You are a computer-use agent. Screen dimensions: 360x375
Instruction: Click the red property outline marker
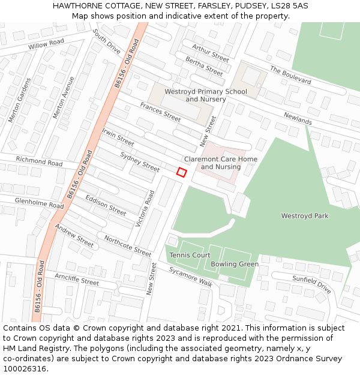pyautogui.click(x=181, y=172)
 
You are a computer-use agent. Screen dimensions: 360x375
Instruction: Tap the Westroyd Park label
pyautogui.click(x=305, y=216)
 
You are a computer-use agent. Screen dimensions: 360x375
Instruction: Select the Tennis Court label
pyautogui.click(x=190, y=255)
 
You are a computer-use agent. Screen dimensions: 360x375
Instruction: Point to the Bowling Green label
pyautogui.click(x=235, y=264)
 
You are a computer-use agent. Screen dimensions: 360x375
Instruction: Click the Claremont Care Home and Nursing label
pyautogui.click(x=220, y=163)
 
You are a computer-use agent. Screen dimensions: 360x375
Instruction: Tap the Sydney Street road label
pyautogui.click(x=140, y=161)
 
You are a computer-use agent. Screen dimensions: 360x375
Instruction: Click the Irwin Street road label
pyautogui.click(x=118, y=137)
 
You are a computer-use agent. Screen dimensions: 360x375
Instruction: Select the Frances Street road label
pyautogui.click(x=160, y=112)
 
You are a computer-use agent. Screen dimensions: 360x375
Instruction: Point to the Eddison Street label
pyautogui.click(x=106, y=205)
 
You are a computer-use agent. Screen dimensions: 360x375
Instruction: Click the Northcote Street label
pyautogui.click(x=127, y=245)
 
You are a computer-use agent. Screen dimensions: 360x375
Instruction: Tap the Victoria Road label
pyautogui.click(x=145, y=209)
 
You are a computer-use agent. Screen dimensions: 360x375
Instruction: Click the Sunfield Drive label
pyautogui.click(x=311, y=284)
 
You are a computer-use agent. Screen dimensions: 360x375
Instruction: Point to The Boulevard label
pyautogui.click(x=290, y=75)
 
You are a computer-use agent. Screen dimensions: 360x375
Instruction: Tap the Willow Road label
pyautogui.click(x=46, y=44)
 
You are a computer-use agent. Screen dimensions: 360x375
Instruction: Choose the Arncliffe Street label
pyautogui.click(x=77, y=279)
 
